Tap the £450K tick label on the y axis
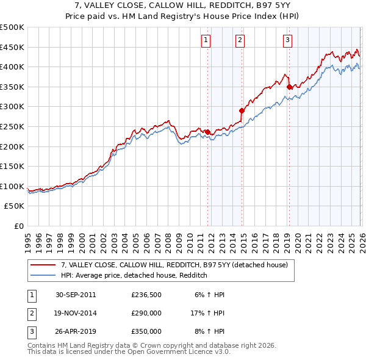coord(12,47)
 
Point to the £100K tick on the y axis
coord(12,187)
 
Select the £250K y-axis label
coord(12,127)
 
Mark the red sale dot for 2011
coord(208,132)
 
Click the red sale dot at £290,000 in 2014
coord(242,110)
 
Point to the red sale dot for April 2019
coord(289,87)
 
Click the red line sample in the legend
coord(44,265)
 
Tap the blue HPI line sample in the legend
coord(44,275)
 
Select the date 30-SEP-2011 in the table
coord(76,295)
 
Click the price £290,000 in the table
coord(146,313)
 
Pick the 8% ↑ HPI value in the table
coord(209,331)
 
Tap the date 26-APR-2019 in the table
coord(76,331)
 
